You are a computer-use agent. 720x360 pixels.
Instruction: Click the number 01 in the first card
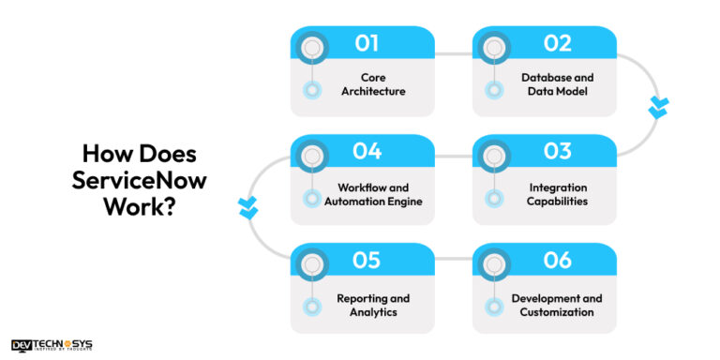tap(367, 42)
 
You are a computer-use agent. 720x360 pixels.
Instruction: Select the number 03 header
tap(557, 151)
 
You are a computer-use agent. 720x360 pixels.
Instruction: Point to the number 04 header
tap(367, 151)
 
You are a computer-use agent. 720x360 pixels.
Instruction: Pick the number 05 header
tap(367, 261)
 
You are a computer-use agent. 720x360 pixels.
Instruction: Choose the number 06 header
tap(557, 261)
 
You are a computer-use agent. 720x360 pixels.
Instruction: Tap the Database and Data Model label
tap(557, 84)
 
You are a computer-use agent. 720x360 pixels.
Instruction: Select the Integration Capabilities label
tap(557, 193)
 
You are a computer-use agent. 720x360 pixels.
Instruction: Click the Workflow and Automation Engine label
tap(374, 193)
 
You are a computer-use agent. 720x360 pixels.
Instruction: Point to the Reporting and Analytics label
tap(374, 305)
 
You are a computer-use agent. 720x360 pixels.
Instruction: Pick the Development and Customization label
tap(557, 305)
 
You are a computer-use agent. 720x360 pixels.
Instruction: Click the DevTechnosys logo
tap(52, 345)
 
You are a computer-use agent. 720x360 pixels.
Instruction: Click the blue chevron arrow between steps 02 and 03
tap(659, 109)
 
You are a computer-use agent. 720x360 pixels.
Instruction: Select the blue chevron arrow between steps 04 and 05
tap(248, 207)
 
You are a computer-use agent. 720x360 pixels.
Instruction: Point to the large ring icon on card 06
tap(492, 265)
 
